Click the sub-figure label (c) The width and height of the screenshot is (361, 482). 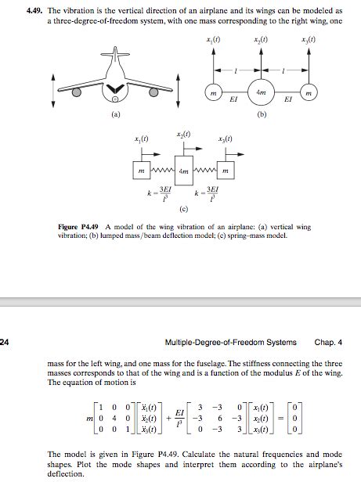click(182, 208)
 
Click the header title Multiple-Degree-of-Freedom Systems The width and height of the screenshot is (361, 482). click(232, 342)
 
